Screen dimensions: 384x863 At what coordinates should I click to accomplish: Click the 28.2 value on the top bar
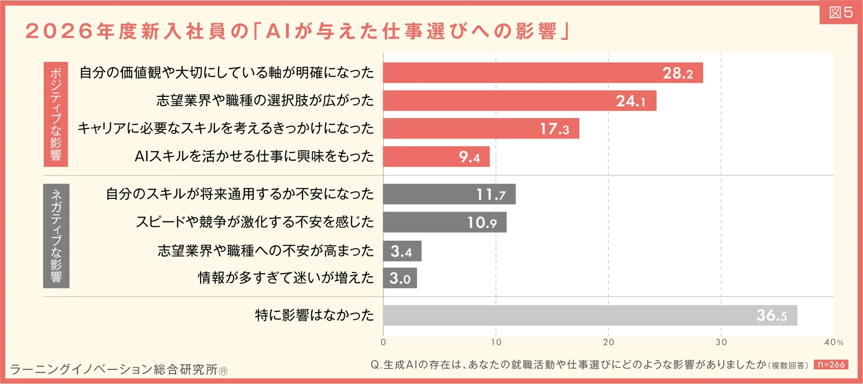tap(677, 73)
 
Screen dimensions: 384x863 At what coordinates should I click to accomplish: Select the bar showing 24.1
tap(520, 101)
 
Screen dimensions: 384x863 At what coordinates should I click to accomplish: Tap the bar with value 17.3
tap(481, 128)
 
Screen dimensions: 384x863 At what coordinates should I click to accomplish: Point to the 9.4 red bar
tap(436, 157)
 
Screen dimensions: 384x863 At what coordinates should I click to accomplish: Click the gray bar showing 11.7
tap(449, 194)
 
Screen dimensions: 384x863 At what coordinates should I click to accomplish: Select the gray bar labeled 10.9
tap(444, 222)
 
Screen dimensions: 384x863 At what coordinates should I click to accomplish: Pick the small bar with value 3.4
tap(402, 251)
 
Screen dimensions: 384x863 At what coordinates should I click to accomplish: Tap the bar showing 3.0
tap(400, 278)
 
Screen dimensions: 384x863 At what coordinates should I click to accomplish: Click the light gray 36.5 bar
tap(589, 315)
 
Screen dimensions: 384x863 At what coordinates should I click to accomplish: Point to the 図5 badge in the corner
tap(840, 12)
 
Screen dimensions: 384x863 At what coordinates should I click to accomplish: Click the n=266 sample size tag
tap(831, 365)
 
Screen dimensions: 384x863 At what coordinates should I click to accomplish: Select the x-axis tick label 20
tap(609, 342)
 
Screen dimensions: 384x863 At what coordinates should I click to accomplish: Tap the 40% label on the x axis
tap(833, 342)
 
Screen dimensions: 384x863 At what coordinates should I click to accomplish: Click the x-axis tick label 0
tap(383, 342)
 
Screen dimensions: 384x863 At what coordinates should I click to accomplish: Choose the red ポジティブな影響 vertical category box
tap(56, 114)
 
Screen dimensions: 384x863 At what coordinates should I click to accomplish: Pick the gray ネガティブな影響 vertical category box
tap(56, 236)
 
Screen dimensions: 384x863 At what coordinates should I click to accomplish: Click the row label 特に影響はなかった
tap(314, 315)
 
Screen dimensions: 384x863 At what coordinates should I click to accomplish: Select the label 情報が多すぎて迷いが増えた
tap(286, 278)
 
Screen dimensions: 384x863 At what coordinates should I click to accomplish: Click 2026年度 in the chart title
tap(71, 31)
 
